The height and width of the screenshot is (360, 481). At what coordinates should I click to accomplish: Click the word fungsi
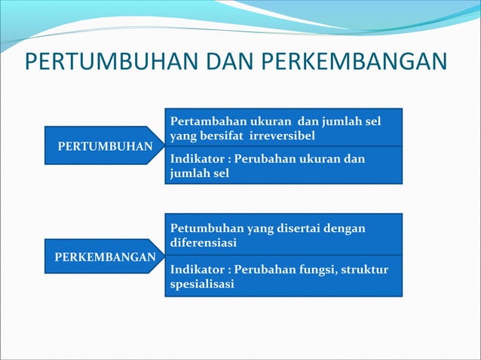coord(316,269)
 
